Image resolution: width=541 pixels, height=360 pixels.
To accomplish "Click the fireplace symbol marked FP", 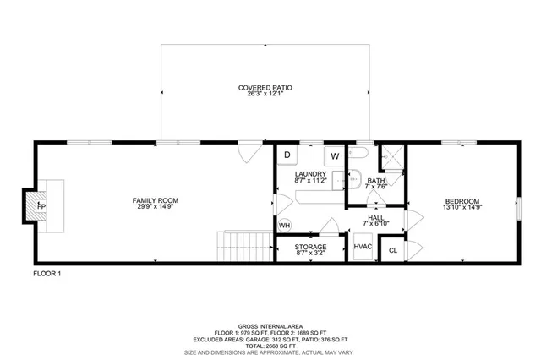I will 41,205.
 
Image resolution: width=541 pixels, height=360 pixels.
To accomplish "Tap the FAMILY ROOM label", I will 155,200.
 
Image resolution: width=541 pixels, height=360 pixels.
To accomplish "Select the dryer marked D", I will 287,155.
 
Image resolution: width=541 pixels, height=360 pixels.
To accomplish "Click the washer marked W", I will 335,156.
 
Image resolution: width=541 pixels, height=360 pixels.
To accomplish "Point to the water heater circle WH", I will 285,226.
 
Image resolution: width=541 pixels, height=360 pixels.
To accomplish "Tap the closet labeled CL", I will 393,251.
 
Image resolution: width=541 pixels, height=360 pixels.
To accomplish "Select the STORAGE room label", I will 311,247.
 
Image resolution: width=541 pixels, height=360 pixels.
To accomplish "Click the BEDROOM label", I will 462,200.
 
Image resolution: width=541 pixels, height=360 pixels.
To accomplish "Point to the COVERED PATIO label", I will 265,88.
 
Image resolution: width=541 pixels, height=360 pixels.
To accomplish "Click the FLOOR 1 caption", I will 47,273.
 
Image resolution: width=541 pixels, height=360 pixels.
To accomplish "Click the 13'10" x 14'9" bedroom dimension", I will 462,208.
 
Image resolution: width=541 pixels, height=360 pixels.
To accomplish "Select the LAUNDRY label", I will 311,174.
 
